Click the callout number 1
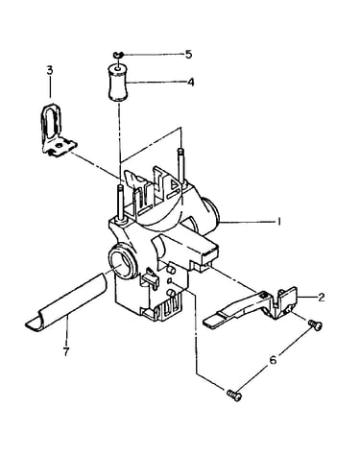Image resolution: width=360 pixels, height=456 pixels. pyautogui.click(x=279, y=221)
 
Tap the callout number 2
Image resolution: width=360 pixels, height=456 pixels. pyautogui.click(x=322, y=297)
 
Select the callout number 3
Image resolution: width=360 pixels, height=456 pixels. pyautogui.click(x=50, y=70)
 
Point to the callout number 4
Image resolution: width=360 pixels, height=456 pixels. pyautogui.click(x=191, y=83)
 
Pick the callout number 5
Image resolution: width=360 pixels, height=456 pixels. pyautogui.click(x=189, y=54)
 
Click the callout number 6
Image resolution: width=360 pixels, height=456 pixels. pyautogui.click(x=273, y=360)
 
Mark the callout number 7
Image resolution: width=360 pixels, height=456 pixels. pyautogui.click(x=66, y=352)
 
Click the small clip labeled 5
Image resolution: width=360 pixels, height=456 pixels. pyautogui.click(x=118, y=55)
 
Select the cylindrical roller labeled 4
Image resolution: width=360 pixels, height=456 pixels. pyautogui.click(x=116, y=83)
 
